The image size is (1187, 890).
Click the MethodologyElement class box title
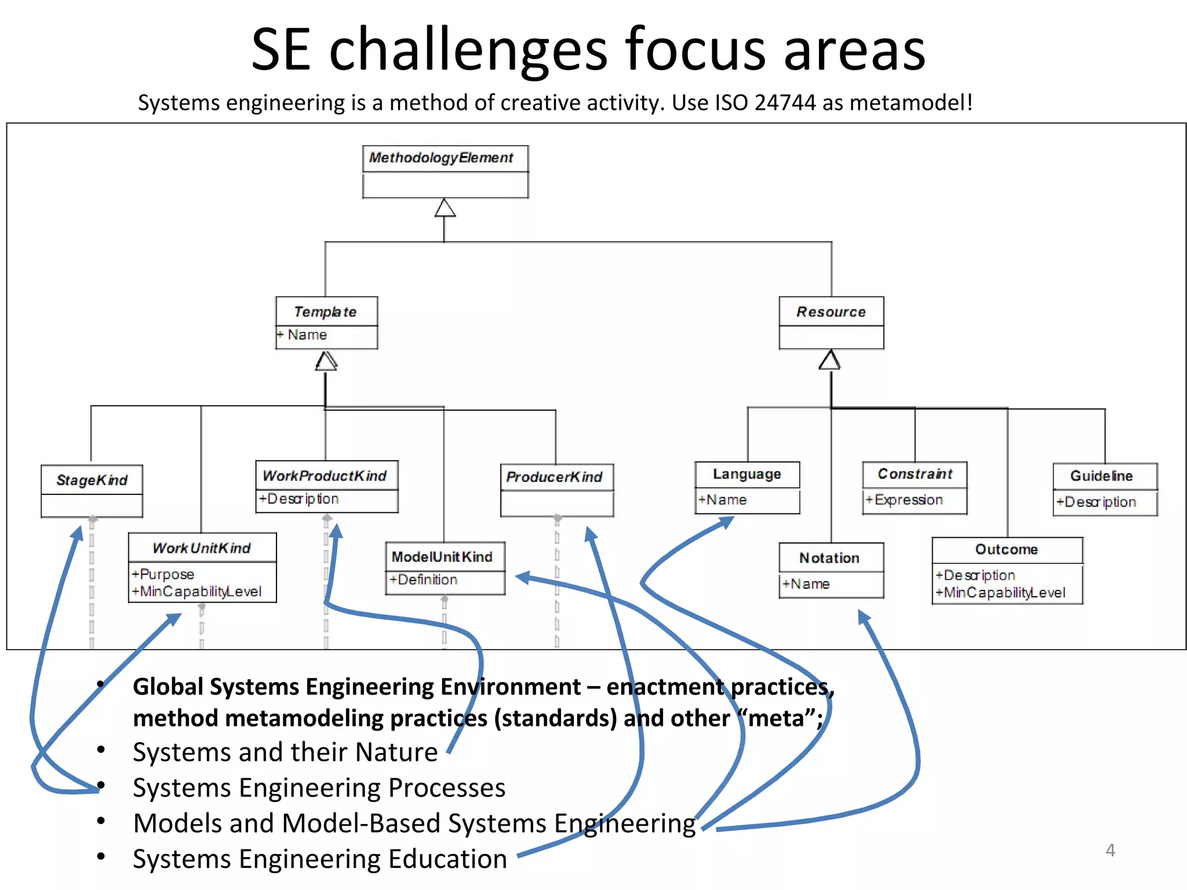[441, 158]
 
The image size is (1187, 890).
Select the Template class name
[325, 312]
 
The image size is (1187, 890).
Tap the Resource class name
[831, 312]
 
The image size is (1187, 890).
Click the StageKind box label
[92, 480]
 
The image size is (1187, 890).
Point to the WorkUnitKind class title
[201, 548]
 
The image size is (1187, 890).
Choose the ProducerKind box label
[554, 477]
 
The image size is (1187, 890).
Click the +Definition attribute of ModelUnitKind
[424, 579]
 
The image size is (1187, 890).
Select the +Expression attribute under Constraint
[904, 499]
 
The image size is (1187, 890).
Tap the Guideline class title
[1101, 476]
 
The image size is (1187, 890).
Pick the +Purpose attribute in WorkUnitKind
[163, 574]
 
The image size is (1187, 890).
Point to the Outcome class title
[1006, 549]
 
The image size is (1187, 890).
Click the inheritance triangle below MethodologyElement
[445, 208]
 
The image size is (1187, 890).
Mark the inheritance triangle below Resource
[830, 360]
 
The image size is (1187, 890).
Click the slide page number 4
[1110, 850]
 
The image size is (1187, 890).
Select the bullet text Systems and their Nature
[285, 752]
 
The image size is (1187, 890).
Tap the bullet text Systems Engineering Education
[319, 859]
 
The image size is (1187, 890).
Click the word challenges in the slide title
[468, 50]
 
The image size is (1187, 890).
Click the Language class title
[747, 474]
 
